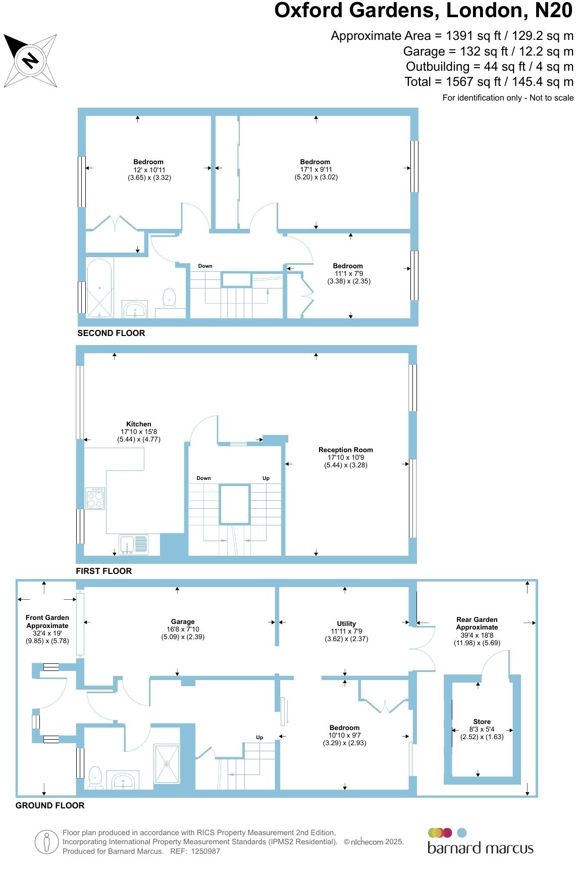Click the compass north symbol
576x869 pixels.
(x=30, y=60)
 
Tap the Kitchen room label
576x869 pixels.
(x=138, y=424)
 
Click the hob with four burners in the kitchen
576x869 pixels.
(x=95, y=498)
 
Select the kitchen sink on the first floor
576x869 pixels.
(x=134, y=545)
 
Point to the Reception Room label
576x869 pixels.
(x=345, y=450)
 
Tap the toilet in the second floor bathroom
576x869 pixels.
(x=169, y=298)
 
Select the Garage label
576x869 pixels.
(x=182, y=622)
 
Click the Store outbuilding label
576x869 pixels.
(x=482, y=722)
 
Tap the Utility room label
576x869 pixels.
(x=346, y=624)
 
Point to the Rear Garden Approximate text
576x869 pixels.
(x=477, y=623)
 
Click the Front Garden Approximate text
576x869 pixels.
(x=47, y=621)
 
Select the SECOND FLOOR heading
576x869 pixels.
(x=111, y=333)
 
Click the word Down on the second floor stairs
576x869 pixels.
(x=205, y=266)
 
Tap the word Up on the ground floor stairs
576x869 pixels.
(x=259, y=737)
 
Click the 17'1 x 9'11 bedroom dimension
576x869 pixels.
(x=315, y=170)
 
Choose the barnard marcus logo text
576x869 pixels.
(x=480, y=848)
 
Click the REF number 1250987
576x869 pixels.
(x=202, y=851)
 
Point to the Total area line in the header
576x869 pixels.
(x=489, y=82)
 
